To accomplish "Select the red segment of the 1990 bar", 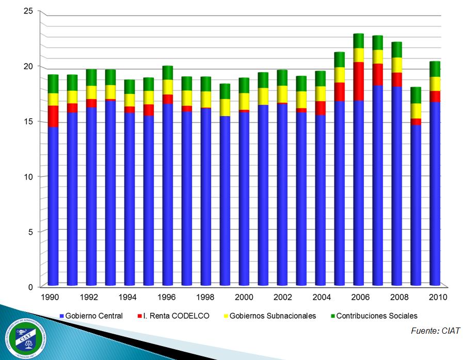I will [53, 116].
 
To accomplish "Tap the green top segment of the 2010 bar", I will [435, 69].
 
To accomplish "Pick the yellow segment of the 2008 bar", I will [397, 65].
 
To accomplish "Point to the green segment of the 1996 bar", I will [168, 73].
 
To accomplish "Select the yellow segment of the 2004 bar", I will [321, 94].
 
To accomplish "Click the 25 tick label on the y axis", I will [28, 11].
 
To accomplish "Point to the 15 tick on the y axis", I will [28, 122].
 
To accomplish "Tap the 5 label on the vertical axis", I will [30, 232].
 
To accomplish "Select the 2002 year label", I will [282, 297].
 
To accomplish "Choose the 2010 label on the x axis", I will [435, 297].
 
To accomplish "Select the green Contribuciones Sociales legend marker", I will [332, 316].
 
